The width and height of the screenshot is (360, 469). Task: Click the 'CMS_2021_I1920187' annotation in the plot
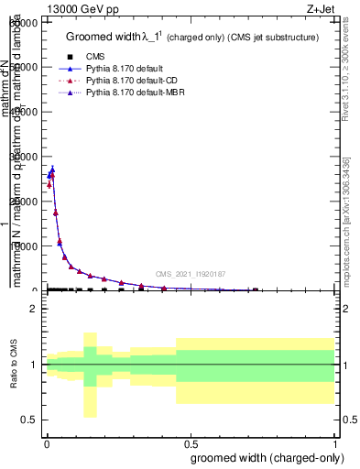[x=190, y=274]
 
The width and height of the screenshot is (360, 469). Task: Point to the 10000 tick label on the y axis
[x=25, y=246]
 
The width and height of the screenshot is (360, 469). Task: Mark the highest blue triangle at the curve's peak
[x=52, y=169]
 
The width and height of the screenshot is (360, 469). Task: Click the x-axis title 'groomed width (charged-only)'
[x=264, y=458]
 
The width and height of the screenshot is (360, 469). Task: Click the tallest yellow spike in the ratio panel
[x=90, y=375]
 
